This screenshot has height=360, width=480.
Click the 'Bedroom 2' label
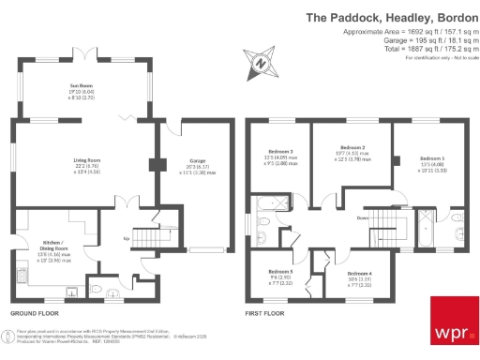[x=352, y=147]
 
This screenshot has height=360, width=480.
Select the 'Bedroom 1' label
[x=432, y=157]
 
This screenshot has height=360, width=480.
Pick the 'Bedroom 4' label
[x=357, y=273]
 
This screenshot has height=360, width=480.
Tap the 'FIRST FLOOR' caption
[x=264, y=312]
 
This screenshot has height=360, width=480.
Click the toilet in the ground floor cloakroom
[x=97, y=289]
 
